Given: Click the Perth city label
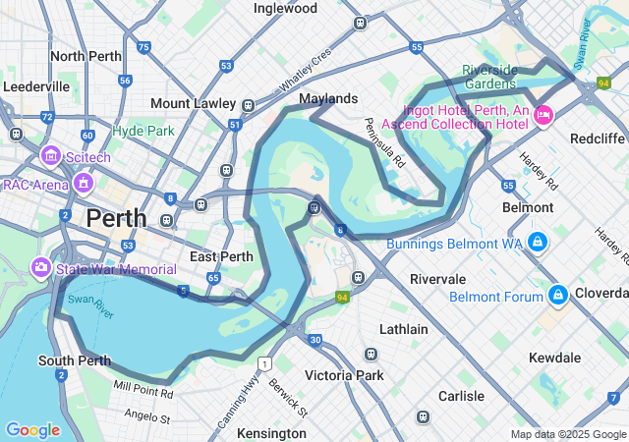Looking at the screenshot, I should pyautogui.click(x=116, y=218).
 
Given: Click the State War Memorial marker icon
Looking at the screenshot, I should pyautogui.click(x=40, y=267).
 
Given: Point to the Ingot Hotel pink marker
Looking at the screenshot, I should pyautogui.click(x=543, y=116).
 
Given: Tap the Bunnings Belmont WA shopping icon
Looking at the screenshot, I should pyautogui.click(x=537, y=242).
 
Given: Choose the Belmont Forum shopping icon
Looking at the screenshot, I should pyautogui.click(x=557, y=295).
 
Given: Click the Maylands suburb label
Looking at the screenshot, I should pyautogui.click(x=328, y=99).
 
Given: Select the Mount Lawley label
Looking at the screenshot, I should pyautogui.click(x=193, y=103).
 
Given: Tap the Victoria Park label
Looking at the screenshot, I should pyautogui.click(x=344, y=375).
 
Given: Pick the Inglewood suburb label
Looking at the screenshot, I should pyautogui.click(x=285, y=8).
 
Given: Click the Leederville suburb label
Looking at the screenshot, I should pyautogui.click(x=36, y=86).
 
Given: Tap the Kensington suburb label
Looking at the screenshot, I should pyautogui.click(x=272, y=432).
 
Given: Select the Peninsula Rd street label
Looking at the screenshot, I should pyautogui.click(x=382, y=141).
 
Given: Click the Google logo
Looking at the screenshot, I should pyautogui.click(x=32, y=430).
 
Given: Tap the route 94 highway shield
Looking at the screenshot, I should pyautogui.click(x=342, y=297).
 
